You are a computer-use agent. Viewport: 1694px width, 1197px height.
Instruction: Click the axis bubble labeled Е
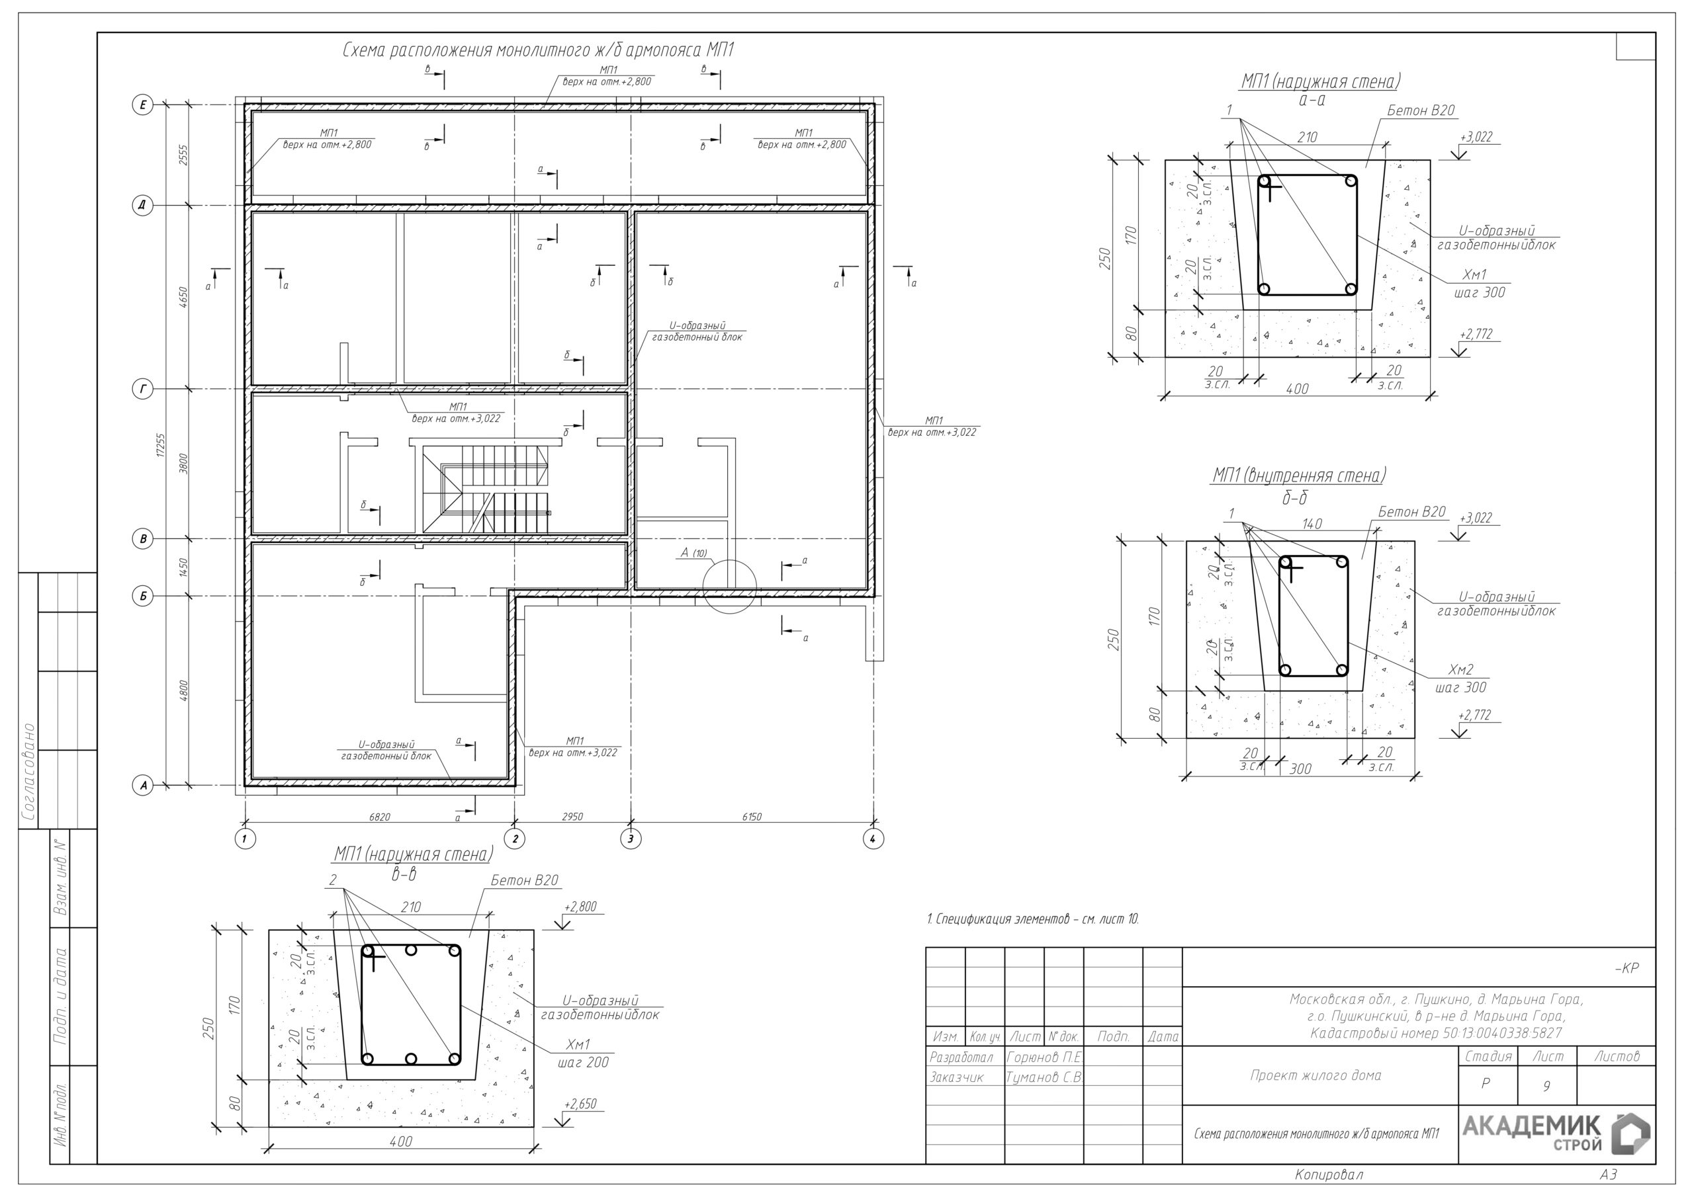click(142, 104)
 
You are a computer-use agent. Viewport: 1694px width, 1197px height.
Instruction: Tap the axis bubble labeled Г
click(142, 389)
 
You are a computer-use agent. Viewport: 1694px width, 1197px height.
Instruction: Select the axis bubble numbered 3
click(630, 839)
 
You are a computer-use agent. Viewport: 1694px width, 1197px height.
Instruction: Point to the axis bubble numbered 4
click(873, 839)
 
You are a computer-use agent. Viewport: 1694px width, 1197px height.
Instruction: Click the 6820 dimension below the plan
click(379, 817)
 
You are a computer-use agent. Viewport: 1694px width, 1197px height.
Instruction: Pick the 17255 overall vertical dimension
click(161, 444)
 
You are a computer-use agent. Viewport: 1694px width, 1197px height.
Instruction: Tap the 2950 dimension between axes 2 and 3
click(572, 817)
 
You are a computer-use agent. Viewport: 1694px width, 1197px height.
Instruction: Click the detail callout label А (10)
click(693, 552)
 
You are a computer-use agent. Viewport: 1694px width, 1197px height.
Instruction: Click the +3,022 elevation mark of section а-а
click(1476, 137)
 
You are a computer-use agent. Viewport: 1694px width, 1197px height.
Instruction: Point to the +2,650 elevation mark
click(580, 1104)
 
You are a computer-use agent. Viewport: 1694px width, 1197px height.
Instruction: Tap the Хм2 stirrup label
click(1460, 670)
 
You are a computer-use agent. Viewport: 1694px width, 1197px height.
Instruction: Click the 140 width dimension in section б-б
click(1312, 524)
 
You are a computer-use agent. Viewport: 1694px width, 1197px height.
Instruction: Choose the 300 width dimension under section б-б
click(1300, 769)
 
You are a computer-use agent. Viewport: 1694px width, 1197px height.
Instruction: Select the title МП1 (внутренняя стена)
click(1299, 475)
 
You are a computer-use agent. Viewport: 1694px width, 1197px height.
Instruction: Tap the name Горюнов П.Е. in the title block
click(1044, 1057)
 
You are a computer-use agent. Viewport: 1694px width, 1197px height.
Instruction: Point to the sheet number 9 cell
click(1546, 1086)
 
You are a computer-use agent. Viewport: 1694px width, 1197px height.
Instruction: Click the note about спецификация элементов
click(1033, 919)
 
